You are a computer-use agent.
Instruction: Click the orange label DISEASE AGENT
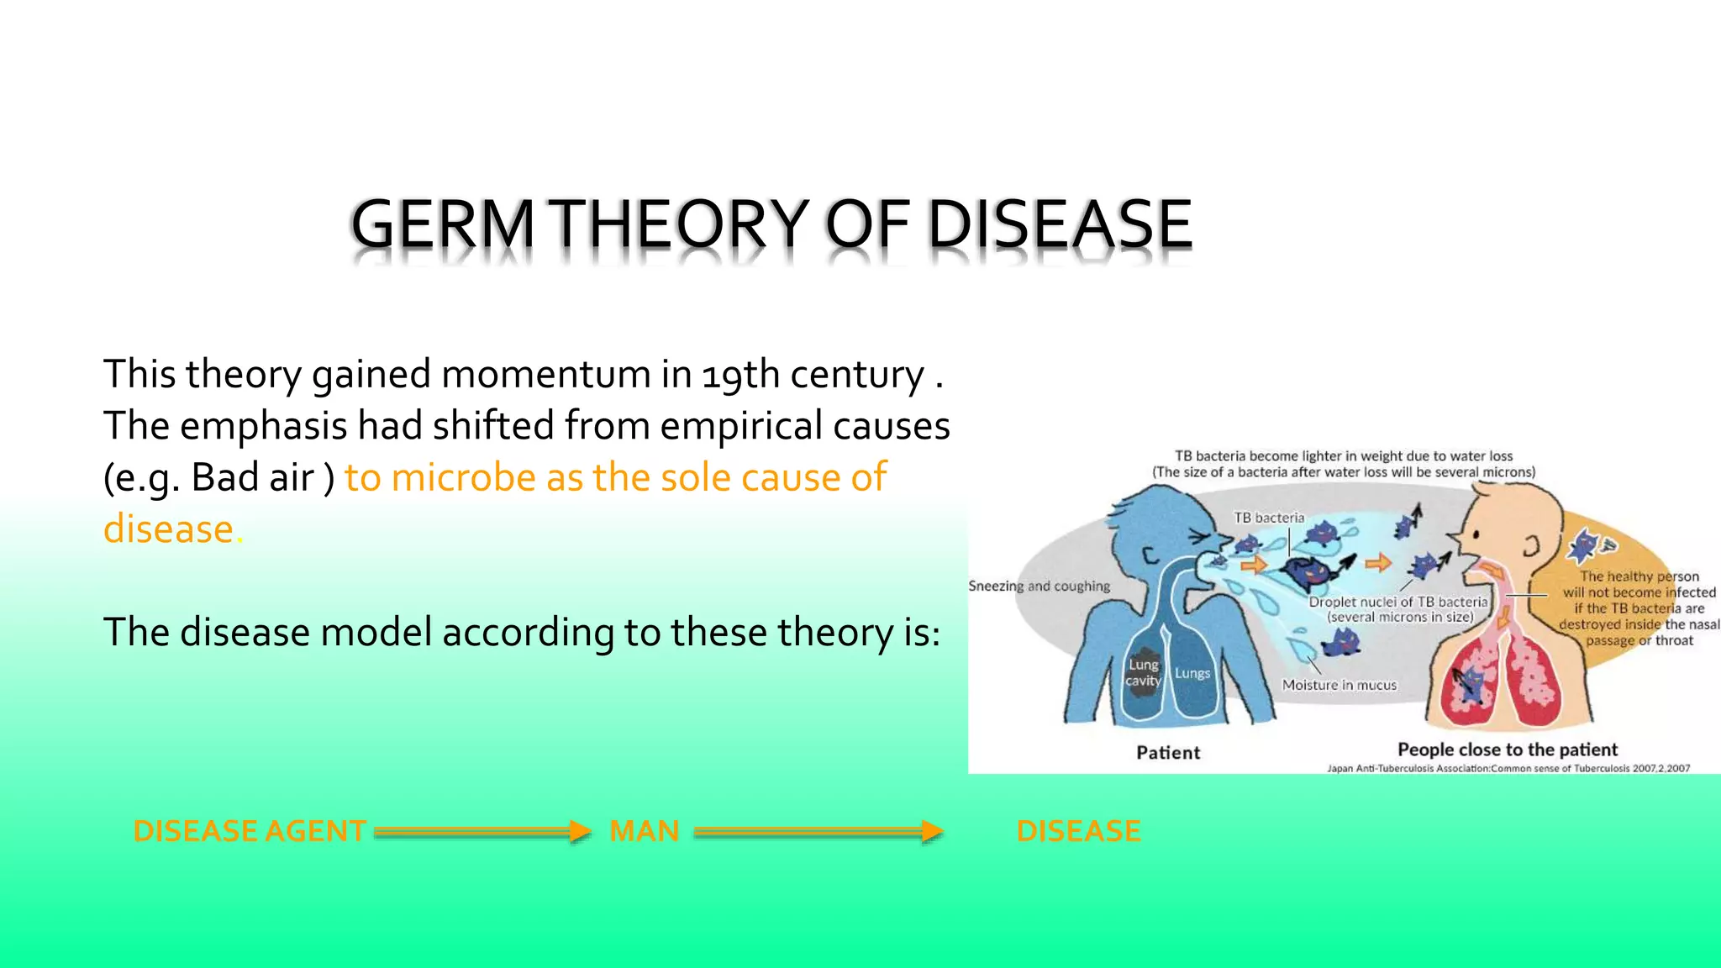pyautogui.click(x=250, y=831)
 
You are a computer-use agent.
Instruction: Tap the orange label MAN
pyautogui.click(x=644, y=831)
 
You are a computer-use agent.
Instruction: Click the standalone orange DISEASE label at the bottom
pyautogui.click(x=1078, y=831)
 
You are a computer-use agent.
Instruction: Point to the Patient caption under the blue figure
pyautogui.click(x=1168, y=753)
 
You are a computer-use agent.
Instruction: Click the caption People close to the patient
pyautogui.click(x=1507, y=750)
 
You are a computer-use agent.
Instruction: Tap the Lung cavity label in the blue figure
pyautogui.click(x=1143, y=673)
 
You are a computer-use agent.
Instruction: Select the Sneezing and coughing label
pyautogui.click(x=1039, y=587)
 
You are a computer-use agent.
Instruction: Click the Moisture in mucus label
pyautogui.click(x=1339, y=685)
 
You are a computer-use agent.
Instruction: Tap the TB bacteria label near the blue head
pyautogui.click(x=1269, y=518)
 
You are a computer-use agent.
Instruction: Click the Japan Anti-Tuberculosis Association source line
pyautogui.click(x=1508, y=768)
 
